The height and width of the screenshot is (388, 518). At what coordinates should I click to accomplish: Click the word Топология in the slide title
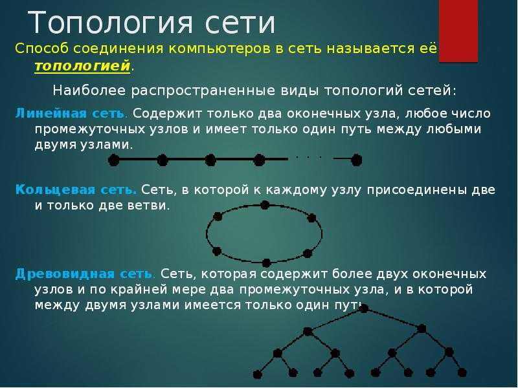[111, 23]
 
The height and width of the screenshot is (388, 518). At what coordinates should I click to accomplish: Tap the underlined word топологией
[82, 66]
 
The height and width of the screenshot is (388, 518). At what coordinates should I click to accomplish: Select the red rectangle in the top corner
[458, 31]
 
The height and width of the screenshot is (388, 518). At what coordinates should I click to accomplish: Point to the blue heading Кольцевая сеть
[76, 190]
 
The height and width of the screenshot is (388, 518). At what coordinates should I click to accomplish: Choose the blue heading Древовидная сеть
[84, 274]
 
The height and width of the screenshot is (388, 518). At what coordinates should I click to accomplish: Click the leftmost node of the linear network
[113, 160]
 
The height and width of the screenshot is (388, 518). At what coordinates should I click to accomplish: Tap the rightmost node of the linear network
[356, 160]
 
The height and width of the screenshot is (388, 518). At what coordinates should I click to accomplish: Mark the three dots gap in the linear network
[309, 157]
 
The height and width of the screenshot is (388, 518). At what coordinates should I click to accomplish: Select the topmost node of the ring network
[265, 205]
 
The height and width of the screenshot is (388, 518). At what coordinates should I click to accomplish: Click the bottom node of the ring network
[266, 263]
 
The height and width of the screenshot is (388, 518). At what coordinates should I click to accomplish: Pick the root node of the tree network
[364, 308]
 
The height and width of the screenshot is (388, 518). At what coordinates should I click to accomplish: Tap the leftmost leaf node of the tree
[257, 374]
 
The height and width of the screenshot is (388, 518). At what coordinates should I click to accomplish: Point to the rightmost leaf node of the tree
[462, 373]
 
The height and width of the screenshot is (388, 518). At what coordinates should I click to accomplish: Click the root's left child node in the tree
[308, 331]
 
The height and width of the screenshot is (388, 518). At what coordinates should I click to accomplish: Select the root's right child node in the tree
[422, 329]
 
